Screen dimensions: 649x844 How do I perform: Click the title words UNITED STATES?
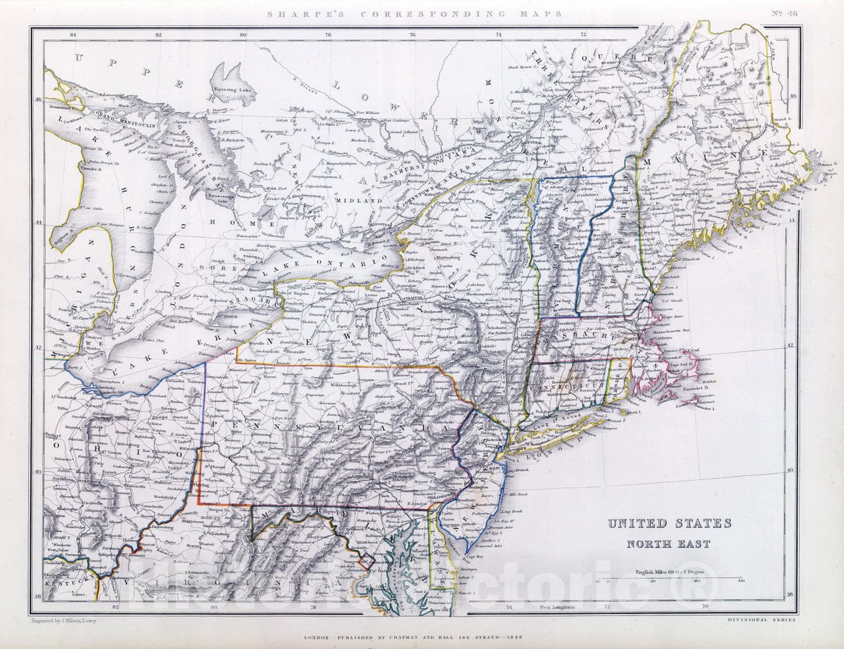point(669,523)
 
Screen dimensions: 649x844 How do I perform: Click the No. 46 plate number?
point(781,13)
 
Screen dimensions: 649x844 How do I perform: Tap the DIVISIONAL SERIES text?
point(762,620)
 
